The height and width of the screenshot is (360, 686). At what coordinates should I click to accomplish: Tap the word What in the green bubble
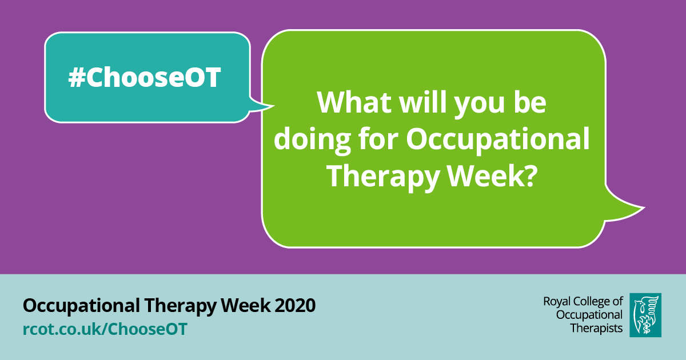(354, 103)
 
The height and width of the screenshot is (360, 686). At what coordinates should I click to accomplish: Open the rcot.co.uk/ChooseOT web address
(105, 329)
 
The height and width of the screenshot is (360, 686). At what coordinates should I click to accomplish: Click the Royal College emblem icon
(645, 315)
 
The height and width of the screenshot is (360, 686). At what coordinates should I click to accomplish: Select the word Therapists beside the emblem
(597, 327)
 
